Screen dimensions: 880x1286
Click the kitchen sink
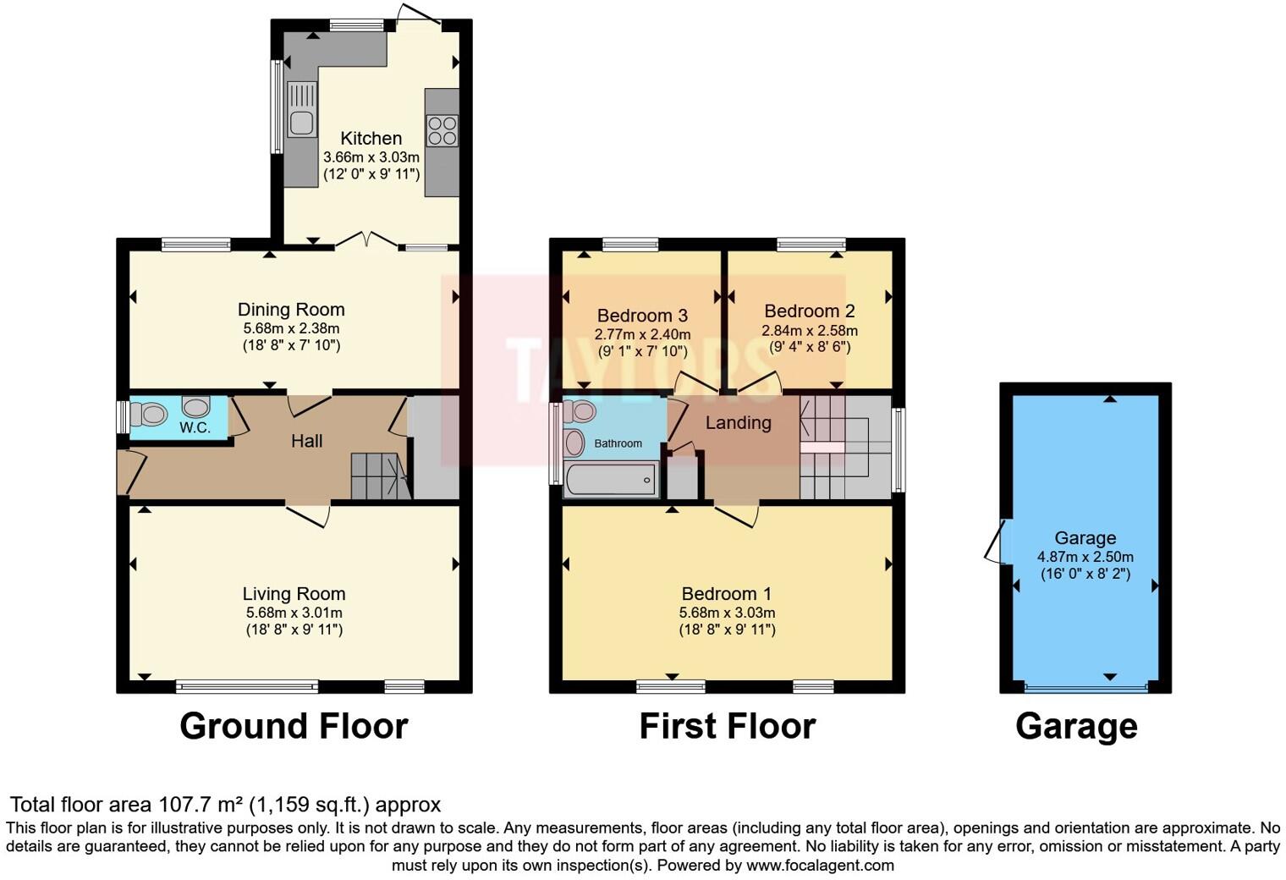(x=301, y=110)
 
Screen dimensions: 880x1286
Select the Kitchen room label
(x=371, y=138)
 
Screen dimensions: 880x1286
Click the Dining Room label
(x=291, y=310)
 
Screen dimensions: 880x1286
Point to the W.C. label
(x=195, y=427)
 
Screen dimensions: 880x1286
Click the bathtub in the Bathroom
(x=610, y=480)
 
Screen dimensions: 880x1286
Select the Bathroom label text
(x=618, y=443)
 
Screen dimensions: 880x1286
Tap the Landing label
(x=738, y=422)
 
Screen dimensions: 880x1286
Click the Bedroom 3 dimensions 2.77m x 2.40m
(x=642, y=335)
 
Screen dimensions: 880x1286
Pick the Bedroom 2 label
(x=809, y=311)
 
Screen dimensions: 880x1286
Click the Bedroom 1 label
(x=726, y=594)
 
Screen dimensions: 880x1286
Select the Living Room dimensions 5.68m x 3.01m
(x=294, y=613)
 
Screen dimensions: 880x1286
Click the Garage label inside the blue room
(x=1085, y=538)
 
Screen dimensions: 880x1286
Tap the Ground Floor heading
(x=294, y=726)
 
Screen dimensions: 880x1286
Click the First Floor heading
(x=727, y=726)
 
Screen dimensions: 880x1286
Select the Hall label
(x=306, y=441)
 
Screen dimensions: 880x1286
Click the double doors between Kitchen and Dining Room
(x=366, y=241)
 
